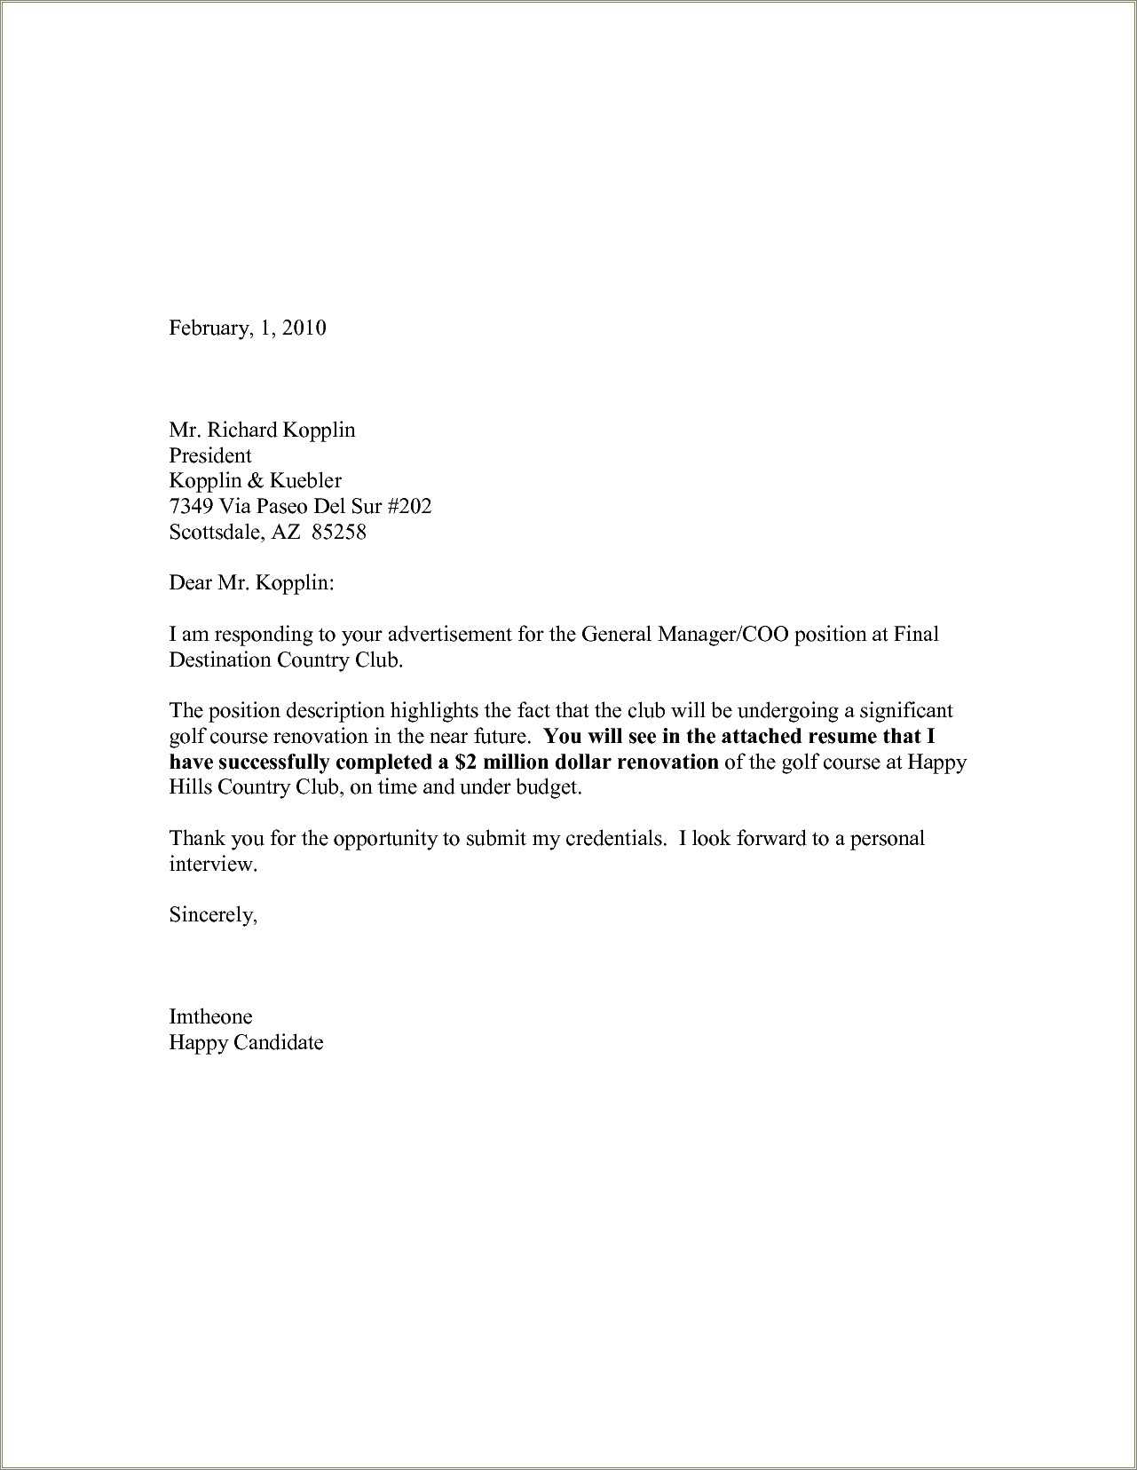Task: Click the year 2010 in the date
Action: tap(305, 328)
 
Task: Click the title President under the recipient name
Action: tap(210, 456)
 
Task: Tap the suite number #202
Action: tap(410, 507)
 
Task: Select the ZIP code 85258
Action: tap(340, 533)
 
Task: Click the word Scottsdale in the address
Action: tap(216, 533)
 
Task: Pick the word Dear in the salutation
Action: tap(189, 583)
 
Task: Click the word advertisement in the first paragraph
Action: tap(449, 635)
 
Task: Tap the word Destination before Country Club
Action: tap(219, 660)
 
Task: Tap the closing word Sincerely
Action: tap(213, 915)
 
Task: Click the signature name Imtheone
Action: tap(210, 1017)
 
